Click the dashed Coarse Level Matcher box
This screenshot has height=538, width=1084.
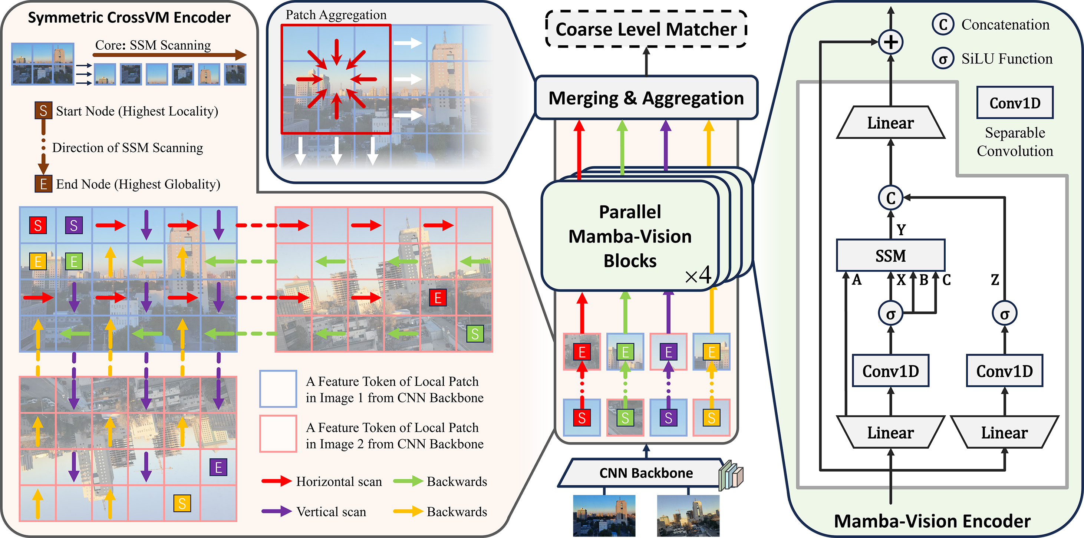(x=646, y=29)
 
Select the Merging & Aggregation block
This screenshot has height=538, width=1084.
(x=646, y=98)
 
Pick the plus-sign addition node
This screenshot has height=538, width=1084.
(x=890, y=42)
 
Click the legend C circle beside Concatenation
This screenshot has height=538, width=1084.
(x=943, y=25)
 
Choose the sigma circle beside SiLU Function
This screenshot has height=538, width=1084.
(x=943, y=59)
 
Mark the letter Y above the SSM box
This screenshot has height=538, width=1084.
(x=901, y=230)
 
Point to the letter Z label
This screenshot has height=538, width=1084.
(x=995, y=280)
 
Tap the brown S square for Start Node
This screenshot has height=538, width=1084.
(x=43, y=110)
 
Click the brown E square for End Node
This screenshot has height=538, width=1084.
(x=43, y=184)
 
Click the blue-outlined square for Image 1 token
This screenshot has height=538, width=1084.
(x=278, y=389)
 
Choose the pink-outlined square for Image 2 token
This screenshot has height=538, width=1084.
(x=278, y=434)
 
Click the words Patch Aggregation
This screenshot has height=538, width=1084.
(x=336, y=15)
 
